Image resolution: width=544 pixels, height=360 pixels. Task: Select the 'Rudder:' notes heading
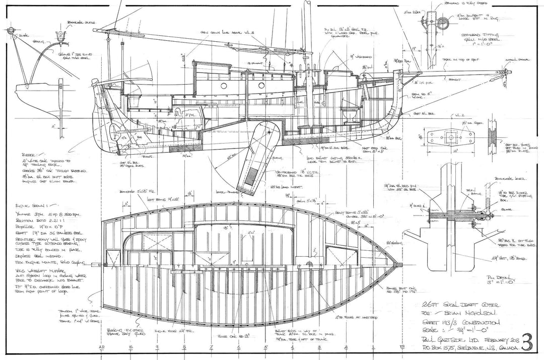(31, 156)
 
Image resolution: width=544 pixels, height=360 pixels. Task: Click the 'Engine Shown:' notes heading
(35, 205)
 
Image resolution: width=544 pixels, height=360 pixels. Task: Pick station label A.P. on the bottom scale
(103, 348)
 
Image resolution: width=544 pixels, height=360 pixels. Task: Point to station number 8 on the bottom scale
(184, 348)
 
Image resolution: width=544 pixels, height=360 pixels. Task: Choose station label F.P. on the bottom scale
(401, 348)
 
